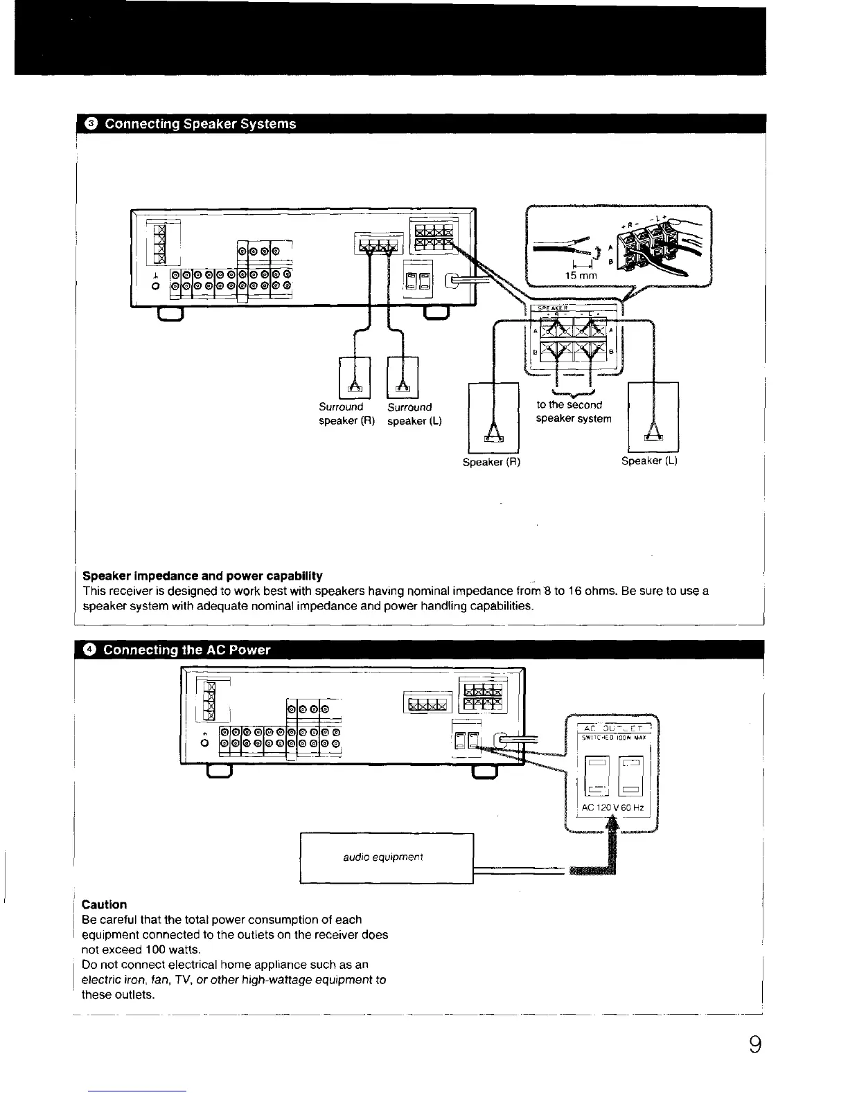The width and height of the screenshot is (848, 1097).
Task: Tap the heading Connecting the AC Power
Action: [186, 650]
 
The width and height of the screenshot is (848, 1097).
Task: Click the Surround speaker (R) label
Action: [346, 414]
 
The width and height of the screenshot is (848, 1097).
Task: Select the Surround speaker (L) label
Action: [414, 414]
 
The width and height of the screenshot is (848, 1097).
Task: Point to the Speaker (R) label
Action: [491, 462]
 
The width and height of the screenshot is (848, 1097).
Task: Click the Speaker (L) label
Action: [648, 461]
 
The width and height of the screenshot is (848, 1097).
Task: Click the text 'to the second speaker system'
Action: [574, 411]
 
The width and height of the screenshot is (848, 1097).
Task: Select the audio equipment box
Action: [387, 858]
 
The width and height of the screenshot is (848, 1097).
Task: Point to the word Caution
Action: [105, 904]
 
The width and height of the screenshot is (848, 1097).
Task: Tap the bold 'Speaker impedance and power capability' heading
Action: [202, 576]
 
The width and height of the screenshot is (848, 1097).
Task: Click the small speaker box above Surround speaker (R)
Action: [355, 377]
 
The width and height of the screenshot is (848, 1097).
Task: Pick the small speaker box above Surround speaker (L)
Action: [403, 377]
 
